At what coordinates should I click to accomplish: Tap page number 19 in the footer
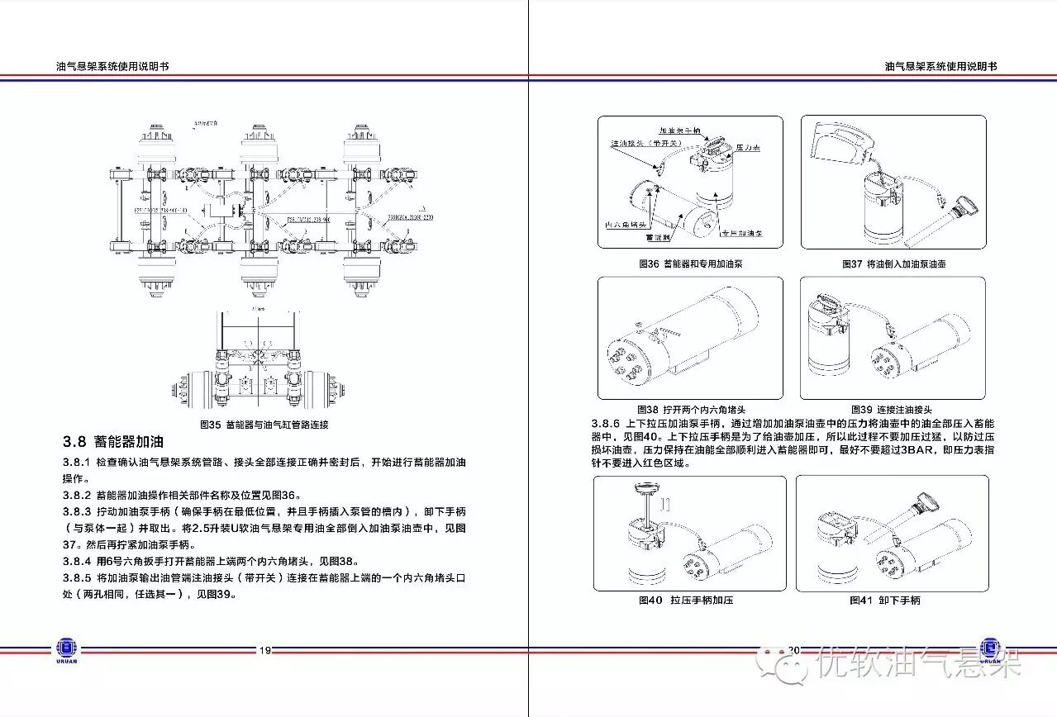click(x=265, y=650)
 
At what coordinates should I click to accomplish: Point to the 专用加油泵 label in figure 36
click(x=741, y=234)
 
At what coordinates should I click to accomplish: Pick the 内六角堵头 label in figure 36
click(x=624, y=225)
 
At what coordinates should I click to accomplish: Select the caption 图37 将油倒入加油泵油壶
click(x=893, y=264)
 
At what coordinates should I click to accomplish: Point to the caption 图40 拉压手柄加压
click(x=685, y=601)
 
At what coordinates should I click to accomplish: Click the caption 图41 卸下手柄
click(x=884, y=601)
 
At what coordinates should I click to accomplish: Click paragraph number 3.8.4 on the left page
click(x=77, y=561)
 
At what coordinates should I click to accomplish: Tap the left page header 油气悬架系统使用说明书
click(x=112, y=66)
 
